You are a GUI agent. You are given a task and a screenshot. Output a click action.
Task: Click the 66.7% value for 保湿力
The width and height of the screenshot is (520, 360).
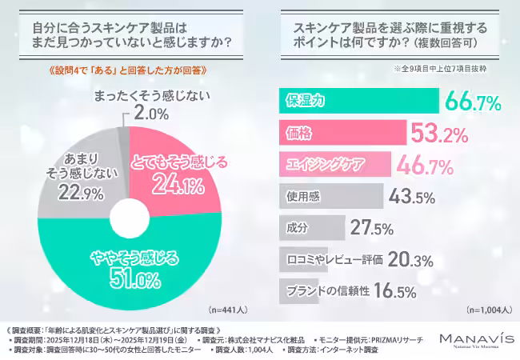pyautogui.click(x=473, y=102)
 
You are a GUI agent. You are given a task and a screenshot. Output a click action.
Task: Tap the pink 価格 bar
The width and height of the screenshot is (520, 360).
pyautogui.click(x=341, y=132)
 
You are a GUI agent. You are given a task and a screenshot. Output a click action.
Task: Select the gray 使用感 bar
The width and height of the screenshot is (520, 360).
pyautogui.click(x=327, y=194)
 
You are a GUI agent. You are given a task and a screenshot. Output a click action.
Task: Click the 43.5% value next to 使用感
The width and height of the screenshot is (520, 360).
pyautogui.click(x=412, y=195)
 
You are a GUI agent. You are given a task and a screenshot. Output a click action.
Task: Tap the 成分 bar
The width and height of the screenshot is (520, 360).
pyautogui.click(x=312, y=227)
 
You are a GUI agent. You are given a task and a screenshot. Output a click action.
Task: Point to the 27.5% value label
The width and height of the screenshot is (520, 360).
pyautogui.click(x=372, y=228)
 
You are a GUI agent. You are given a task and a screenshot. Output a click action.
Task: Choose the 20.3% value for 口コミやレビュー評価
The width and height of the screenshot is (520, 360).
pyautogui.click(x=411, y=259)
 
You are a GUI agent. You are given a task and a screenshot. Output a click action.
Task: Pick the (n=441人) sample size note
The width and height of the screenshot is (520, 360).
pyautogui.click(x=229, y=309)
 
